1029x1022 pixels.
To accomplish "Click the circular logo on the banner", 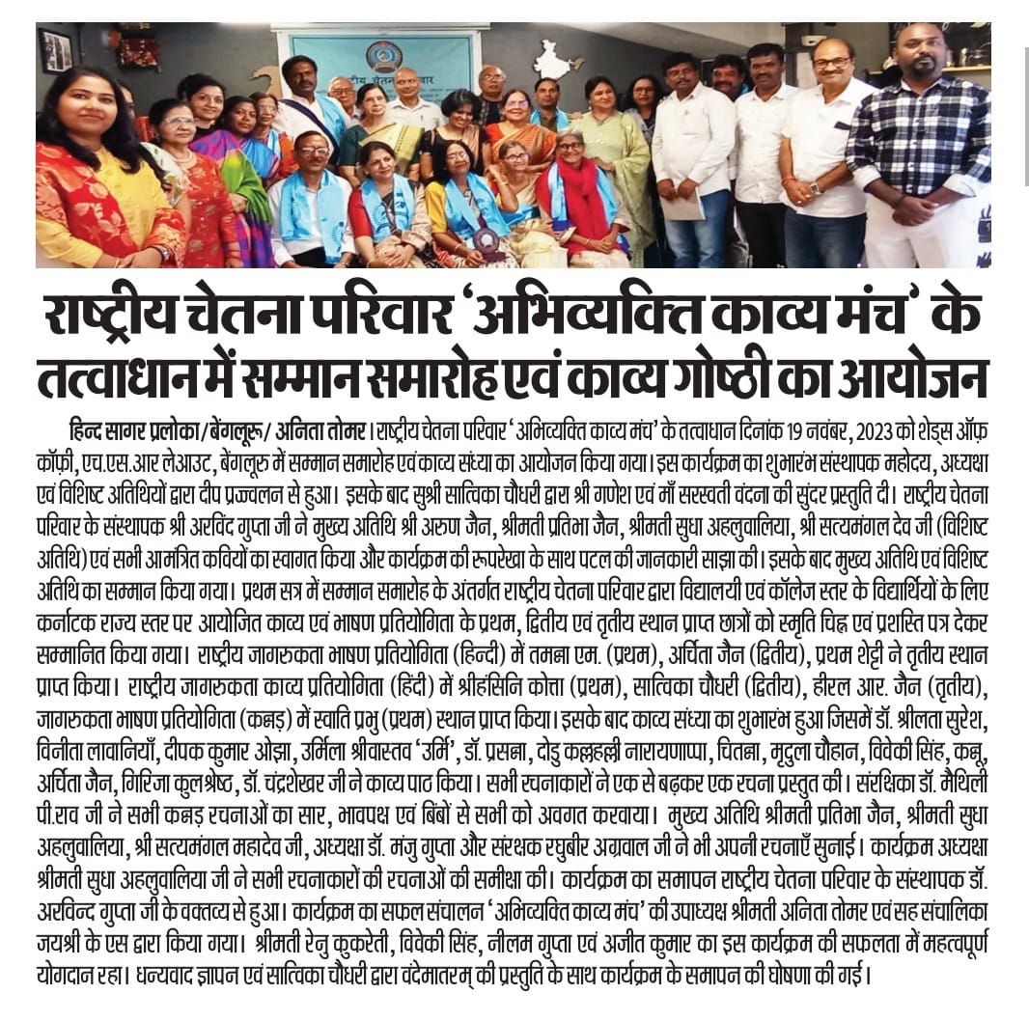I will tap(383, 57).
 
